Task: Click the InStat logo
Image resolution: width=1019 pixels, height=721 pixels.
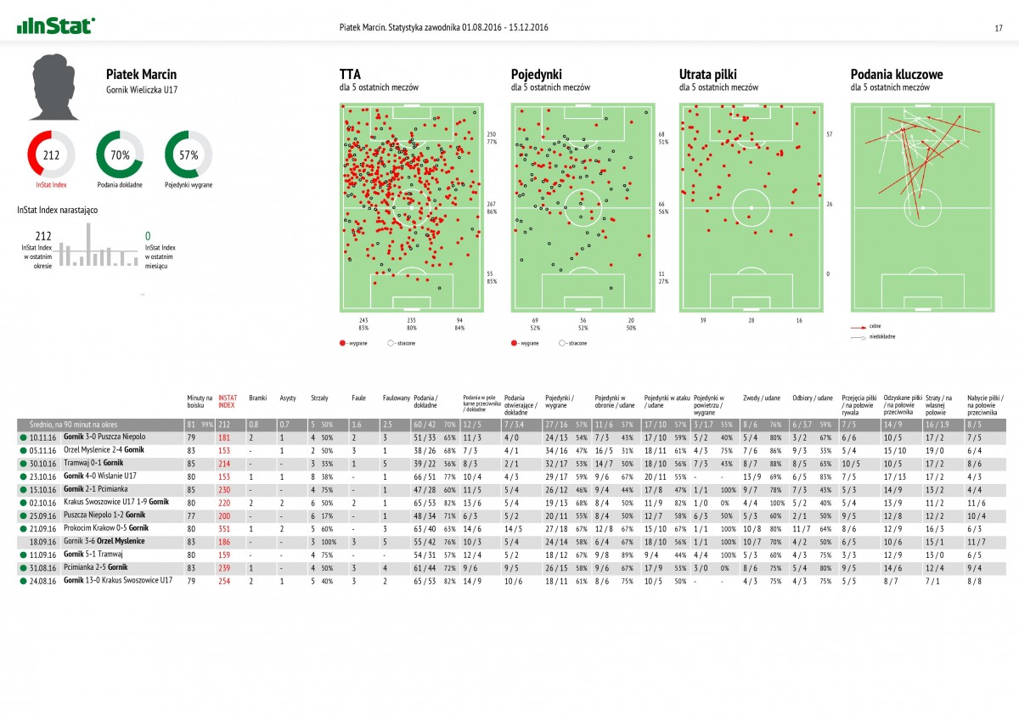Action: click(x=55, y=26)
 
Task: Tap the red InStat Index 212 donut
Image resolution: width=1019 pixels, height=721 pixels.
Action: click(x=51, y=155)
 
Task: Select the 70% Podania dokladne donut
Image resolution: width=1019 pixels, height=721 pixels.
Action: click(x=119, y=155)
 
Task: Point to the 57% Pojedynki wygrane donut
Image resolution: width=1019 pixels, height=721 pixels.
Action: click(x=188, y=155)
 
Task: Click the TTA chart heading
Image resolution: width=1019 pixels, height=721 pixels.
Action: click(x=349, y=75)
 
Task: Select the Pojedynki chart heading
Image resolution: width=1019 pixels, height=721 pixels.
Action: click(x=536, y=75)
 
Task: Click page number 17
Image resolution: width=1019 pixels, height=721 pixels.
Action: click(x=999, y=28)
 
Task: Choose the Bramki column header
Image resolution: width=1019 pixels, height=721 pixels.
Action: click(x=257, y=397)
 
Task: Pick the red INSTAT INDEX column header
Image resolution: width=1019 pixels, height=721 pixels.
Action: click(x=228, y=401)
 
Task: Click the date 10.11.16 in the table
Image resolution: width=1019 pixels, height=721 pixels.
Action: click(x=42, y=437)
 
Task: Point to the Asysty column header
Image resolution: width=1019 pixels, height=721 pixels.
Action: click(x=288, y=397)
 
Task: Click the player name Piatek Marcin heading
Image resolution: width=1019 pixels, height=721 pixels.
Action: click(x=141, y=75)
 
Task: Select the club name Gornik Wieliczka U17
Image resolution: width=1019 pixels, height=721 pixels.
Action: click(x=142, y=89)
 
